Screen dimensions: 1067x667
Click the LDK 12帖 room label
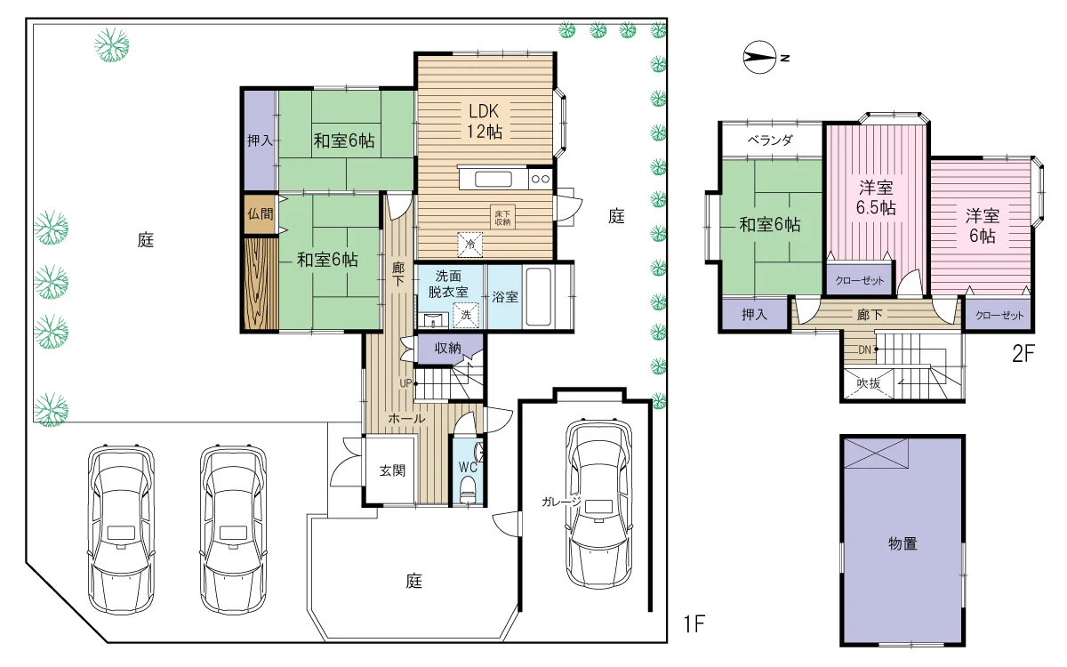[484, 121]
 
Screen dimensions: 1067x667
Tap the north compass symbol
[760, 57]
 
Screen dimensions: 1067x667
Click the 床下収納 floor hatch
[502, 218]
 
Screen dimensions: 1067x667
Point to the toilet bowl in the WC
[468, 489]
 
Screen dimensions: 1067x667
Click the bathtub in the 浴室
[538, 297]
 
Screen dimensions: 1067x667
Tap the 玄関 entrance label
[392, 470]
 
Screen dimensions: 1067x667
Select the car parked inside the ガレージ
[598, 504]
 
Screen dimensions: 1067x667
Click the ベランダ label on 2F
[770, 141]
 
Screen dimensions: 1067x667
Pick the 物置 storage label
[903, 543]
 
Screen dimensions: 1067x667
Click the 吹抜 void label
[868, 383]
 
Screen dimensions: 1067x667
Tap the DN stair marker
[864, 350]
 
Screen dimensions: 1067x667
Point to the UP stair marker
[405, 383]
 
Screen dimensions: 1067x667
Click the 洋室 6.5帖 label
[876, 197]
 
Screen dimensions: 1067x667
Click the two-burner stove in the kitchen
[541, 179]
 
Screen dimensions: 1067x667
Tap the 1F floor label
[694, 623]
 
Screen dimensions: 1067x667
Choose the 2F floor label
[1023, 354]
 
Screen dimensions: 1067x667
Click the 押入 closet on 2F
[755, 314]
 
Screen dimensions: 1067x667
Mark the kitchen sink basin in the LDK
[493, 180]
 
